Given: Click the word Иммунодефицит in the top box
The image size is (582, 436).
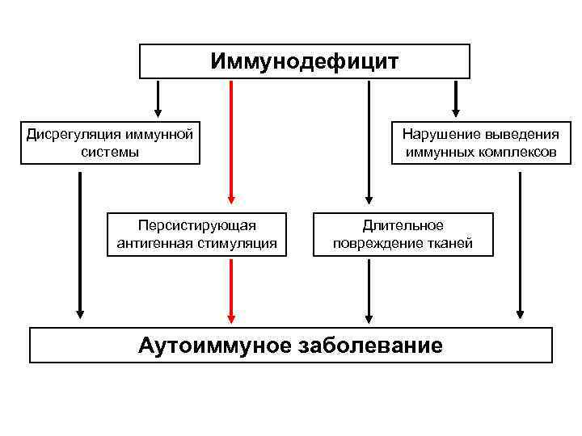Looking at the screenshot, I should coord(305,62).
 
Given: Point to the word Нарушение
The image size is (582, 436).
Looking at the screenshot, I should coord(437,134).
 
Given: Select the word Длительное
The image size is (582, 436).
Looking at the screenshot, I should coord(403,225).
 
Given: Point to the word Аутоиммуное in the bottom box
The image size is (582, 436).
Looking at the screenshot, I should coord(213,346).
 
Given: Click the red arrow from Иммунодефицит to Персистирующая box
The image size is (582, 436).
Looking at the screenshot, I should coord(231,141).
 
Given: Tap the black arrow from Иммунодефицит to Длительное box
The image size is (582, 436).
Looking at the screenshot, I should coord(369,141).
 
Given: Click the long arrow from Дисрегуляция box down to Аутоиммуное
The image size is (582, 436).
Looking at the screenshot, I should coord(79,242).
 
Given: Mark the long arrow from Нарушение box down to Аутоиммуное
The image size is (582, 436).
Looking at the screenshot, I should coord(520,242).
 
